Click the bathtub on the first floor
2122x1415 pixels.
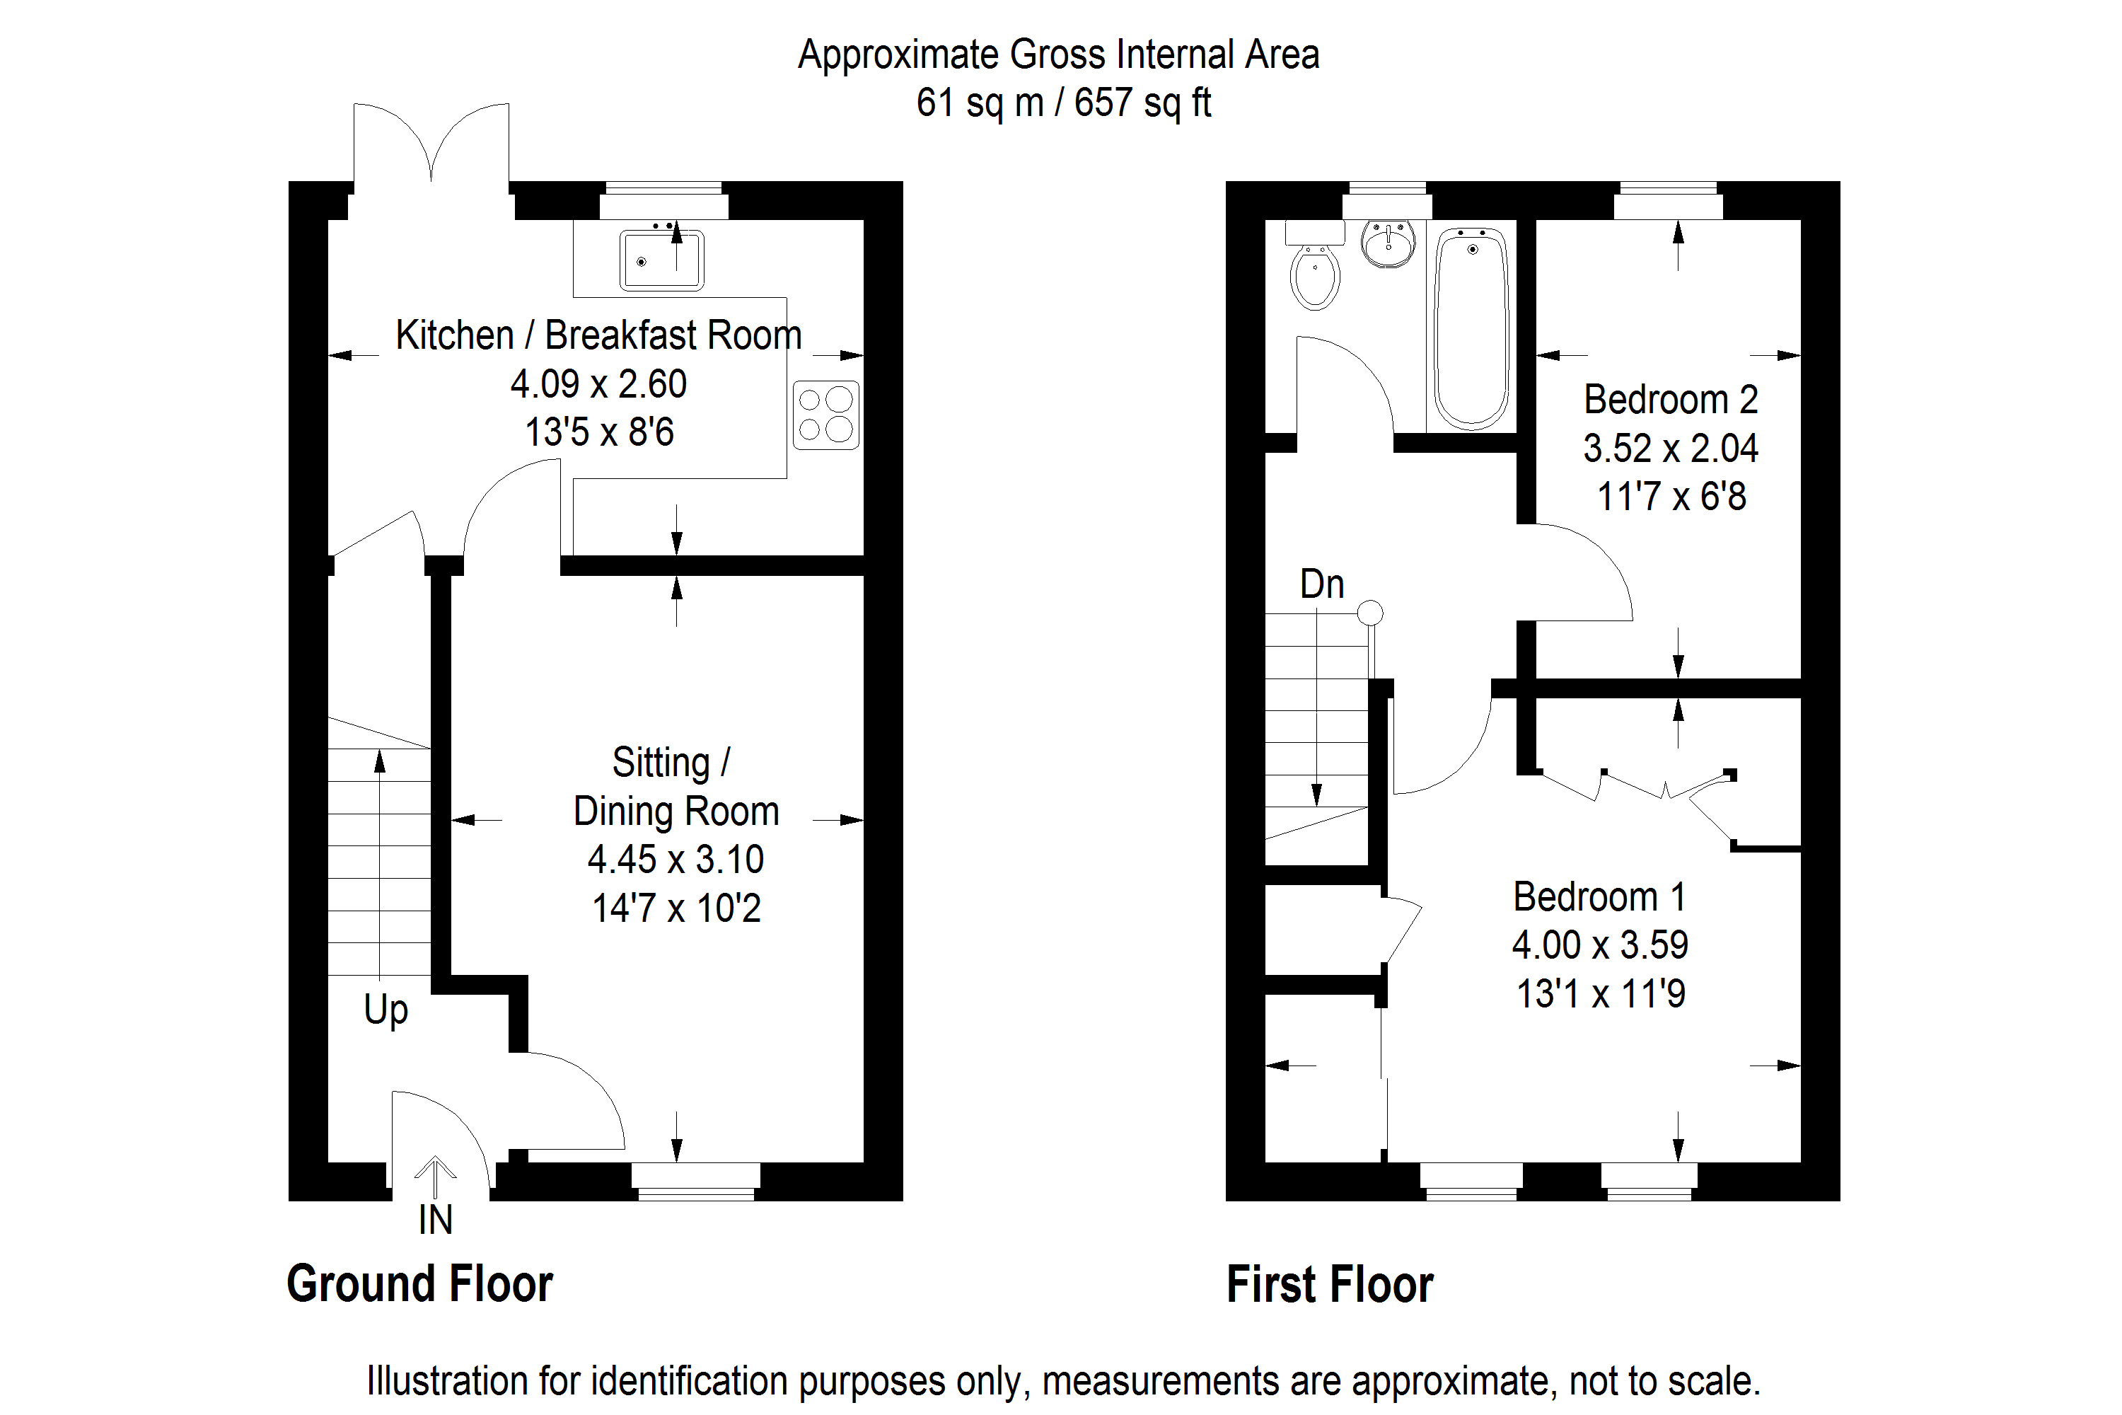[x=1471, y=327]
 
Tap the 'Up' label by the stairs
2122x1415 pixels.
[x=385, y=1010]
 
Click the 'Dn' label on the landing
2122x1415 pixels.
[x=1322, y=585]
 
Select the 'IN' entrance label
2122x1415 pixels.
[x=435, y=1219]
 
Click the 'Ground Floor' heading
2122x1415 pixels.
[x=419, y=1283]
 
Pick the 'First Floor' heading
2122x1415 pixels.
[x=1329, y=1283]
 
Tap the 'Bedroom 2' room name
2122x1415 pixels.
[x=1671, y=399]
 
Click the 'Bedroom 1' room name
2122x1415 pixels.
[x=1599, y=896]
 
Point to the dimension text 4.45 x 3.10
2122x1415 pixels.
[x=676, y=859]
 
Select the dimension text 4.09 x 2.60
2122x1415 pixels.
[x=598, y=383]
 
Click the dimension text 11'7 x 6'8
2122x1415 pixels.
[x=1671, y=497]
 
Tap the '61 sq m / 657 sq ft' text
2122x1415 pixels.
[x=1063, y=103]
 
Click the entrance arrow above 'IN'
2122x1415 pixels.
[x=435, y=1176]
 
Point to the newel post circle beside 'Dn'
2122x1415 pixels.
[x=1369, y=613]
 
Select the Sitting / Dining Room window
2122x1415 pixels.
[x=695, y=1182]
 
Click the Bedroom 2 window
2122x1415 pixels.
[x=1668, y=200]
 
